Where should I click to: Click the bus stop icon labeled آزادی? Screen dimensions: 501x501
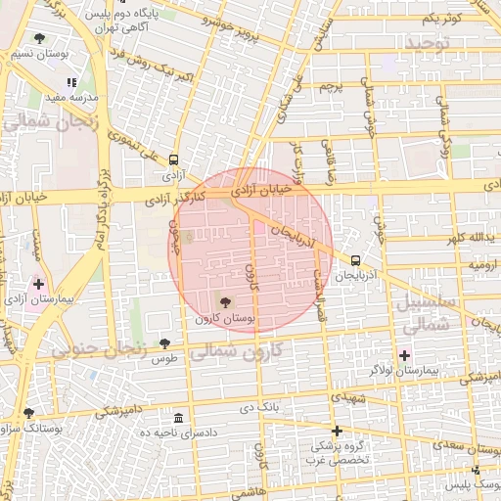[x=174, y=159]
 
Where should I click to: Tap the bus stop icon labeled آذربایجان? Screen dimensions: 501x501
[x=354, y=260]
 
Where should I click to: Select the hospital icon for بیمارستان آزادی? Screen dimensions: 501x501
[x=38, y=285]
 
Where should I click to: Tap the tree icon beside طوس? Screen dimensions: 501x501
[x=163, y=342]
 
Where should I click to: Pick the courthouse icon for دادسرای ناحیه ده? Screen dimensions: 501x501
[x=177, y=417]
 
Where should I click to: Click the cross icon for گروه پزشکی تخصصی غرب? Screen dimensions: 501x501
[x=337, y=431]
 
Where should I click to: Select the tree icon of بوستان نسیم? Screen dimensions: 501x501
[x=38, y=38]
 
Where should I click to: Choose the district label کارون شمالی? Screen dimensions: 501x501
[x=232, y=349]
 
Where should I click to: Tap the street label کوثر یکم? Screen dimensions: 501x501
[x=440, y=18]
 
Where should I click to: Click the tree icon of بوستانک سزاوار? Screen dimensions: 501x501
[x=28, y=413]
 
